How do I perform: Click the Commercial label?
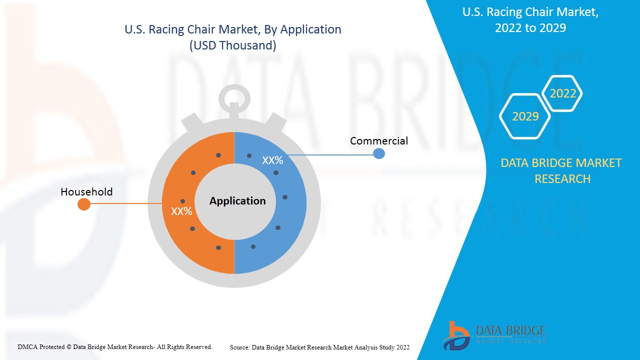pyautogui.click(x=378, y=141)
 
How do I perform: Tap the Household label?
pyautogui.click(x=86, y=192)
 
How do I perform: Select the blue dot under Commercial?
pyautogui.click(x=379, y=153)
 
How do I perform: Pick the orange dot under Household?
pyautogui.click(x=84, y=204)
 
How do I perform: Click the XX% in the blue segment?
pyautogui.click(x=272, y=160)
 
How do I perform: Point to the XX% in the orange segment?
pyautogui.click(x=181, y=211)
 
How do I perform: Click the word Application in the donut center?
pyautogui.click(x=237, y=201)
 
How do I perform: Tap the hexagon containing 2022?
pyautogui.click(x=562, y=93)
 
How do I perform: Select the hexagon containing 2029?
pyautogui.click(x=525, y=116)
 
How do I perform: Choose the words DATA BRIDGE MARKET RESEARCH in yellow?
pyautogui.click(x=561, y=170)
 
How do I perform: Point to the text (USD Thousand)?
pyautogui.click(x=232, y=45)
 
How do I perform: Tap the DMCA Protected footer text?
pyautogui.click(x=115, y=346)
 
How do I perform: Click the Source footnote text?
pyautogui.click(x=319, y=347)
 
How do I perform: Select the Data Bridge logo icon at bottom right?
pyautogui.click(x=456, y=335)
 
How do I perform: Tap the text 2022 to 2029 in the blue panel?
pyautogui.click(x=530, y=28)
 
